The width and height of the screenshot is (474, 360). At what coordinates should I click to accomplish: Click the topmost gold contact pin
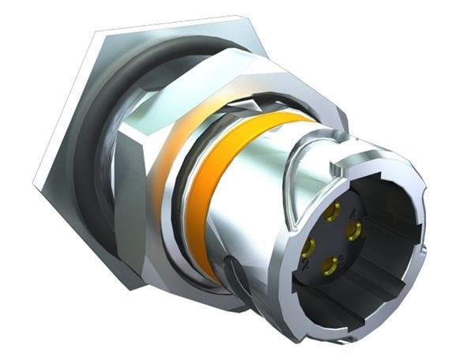click(333, 211)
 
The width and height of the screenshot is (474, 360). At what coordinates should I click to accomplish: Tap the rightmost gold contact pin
click(354, 231)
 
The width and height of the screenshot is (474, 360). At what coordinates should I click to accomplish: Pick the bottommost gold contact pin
click(330, 267)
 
